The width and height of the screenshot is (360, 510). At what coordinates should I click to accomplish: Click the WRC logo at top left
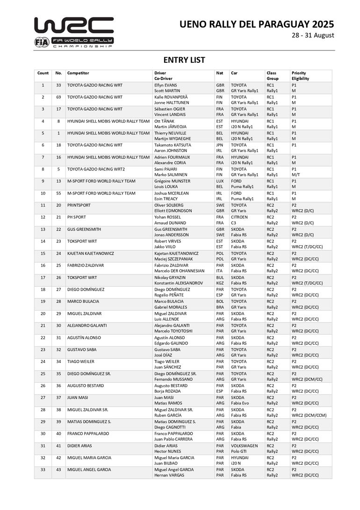point(74,32)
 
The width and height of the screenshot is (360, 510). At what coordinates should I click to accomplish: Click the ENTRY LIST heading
point(184,60)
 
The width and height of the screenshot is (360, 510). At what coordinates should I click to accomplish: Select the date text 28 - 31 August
point(312,36)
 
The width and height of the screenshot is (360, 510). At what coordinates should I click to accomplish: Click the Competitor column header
point(78,73)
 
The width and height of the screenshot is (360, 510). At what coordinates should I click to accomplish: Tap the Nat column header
point(219,73)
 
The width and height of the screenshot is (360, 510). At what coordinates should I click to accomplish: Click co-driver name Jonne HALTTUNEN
point(171,102)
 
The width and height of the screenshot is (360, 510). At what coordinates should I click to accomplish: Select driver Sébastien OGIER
point(170,109)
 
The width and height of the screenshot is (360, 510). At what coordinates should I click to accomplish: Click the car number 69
point(58,97)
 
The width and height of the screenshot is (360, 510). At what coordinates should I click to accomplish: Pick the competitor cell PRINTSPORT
point(79,205)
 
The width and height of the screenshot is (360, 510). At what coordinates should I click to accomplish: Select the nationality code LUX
point(220,181)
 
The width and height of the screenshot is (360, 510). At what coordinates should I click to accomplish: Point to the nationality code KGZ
point(220,283)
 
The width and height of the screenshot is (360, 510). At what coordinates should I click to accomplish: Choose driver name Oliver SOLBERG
point(169,205)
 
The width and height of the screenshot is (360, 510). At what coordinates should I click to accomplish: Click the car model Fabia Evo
point(241,403)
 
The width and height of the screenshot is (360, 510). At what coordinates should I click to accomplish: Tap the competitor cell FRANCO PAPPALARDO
point(88,433)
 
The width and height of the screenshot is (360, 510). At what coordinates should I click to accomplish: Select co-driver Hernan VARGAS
point(169,475)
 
